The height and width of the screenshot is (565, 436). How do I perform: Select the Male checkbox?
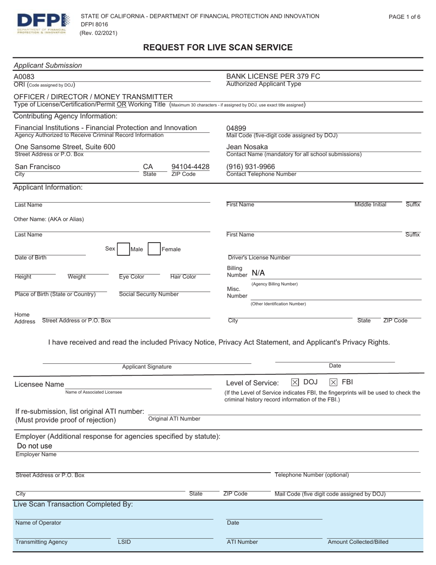click(x=123, y=249)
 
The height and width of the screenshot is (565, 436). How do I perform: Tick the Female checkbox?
click(x=155, y=249)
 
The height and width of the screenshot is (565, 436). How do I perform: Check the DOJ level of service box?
click(x=295, y=382)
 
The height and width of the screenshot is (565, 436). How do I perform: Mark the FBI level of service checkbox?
click(x=334, y=382)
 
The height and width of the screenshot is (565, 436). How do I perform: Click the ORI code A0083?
click(x=24, y=77)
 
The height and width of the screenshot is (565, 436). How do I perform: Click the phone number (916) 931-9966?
click(x=251, y=166)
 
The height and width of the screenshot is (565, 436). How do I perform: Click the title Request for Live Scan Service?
click(x=218, y=47)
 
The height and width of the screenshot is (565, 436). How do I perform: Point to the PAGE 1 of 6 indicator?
click(x=404, y=17)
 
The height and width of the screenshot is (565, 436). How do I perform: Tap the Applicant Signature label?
click(x=147, y=367)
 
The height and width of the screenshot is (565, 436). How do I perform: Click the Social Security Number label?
click(x=149, y=294)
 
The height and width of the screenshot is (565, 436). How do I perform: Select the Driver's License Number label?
click(x=259, y=257)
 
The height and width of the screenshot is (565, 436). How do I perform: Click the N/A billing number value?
click(x=258, y=273)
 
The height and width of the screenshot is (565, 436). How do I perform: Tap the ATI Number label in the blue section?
click(x=242, y=542)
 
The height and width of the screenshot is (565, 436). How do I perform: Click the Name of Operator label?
click(x=38, y=523)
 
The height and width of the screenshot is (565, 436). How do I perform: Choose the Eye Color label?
click(x=132, y=277)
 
